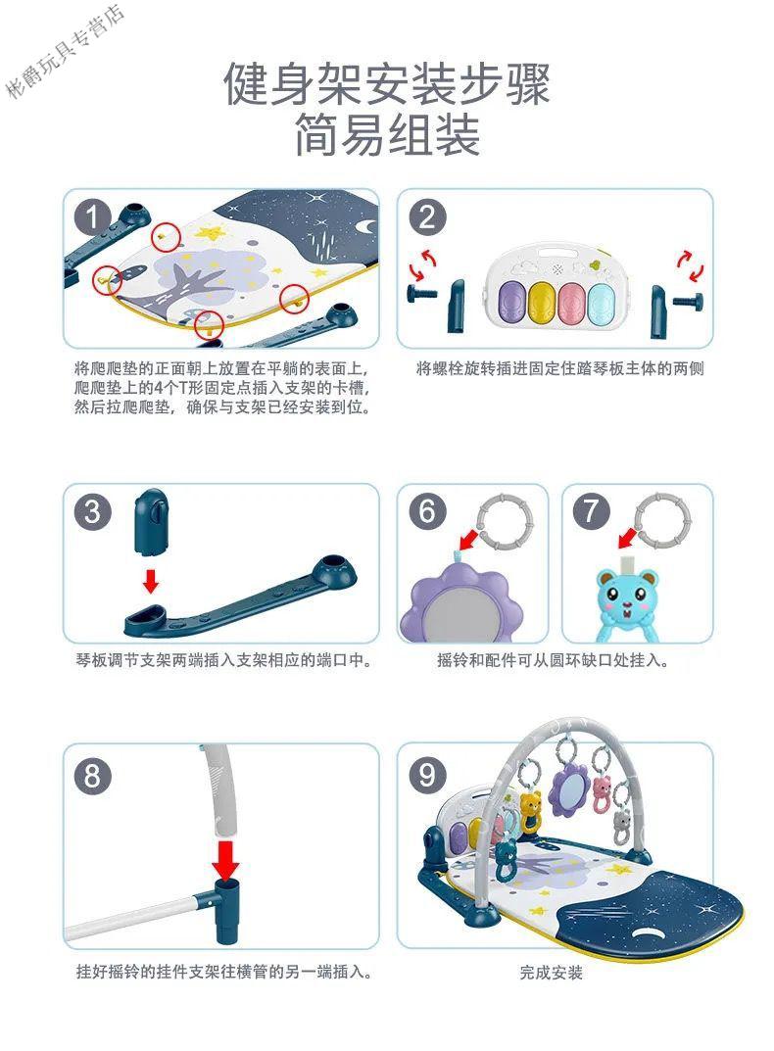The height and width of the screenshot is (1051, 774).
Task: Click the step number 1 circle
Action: (x=92, y=216)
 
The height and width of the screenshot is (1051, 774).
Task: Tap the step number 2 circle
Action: (x=426, y=216)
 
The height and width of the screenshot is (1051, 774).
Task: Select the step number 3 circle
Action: (x=92, y=512)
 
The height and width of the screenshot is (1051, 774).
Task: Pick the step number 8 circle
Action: (x=92, y=776)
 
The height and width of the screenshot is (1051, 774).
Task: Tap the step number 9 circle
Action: (x=427, y=776)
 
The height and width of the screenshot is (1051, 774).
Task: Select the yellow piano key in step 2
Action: (x=541, y=303)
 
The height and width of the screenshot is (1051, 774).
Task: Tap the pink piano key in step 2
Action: (x=571, y=303)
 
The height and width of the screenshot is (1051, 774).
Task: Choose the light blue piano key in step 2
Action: (x=601, y=302)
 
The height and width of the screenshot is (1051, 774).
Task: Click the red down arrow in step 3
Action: (x=152, y=581)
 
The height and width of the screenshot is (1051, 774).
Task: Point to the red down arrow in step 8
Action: (x=226, y=859)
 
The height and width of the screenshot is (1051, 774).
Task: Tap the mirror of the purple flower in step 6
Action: (x=460, y=617)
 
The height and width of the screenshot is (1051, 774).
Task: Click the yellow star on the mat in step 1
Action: (x=210, y=233)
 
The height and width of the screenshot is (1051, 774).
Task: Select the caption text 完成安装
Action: (x=551, y=972)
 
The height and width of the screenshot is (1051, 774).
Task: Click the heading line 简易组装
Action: (x=387, y=135)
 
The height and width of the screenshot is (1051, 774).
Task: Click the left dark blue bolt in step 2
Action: (x=420, y=293)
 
